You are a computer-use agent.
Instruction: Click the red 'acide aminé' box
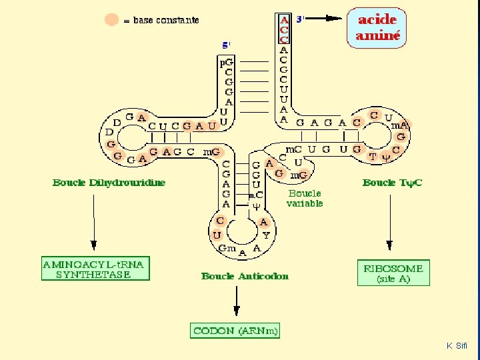pyautogui.click(x=379, y=29)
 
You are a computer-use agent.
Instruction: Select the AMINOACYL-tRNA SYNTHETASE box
pyautogui.click(x=95, y=269)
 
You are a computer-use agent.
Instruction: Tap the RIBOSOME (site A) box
pyautogui.click(x=393, y=273)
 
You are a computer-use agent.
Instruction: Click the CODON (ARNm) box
pyautogui.click(x=235, y=331)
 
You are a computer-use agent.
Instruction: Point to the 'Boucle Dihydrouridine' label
pyautogui.click(x=109, y=183)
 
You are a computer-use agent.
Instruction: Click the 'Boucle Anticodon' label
pyautogui.click(x=245, y=276)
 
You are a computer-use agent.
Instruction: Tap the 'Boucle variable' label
pyautogui.click(x=305, y=199)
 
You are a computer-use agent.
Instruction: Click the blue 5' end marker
pyautogui.click(x=227, y=45)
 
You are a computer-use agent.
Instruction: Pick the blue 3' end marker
pyautogui.click(x=299, y=19)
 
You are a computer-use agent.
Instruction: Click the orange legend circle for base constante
pyautogui.click(x=112, y=20)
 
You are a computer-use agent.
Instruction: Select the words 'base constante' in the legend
pyautogui.click(x=166, y=21)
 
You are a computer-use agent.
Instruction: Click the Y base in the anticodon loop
pyautogui.click(x=266, y=235)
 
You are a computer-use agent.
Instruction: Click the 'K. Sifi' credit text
pyautogui.click(x=457, y=346)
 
